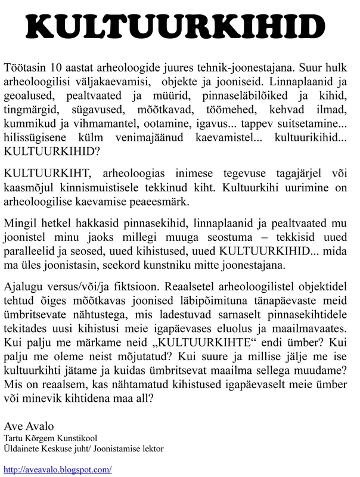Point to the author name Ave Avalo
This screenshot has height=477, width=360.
click(29, 427)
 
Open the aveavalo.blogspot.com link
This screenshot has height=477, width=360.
click(57, 469)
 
